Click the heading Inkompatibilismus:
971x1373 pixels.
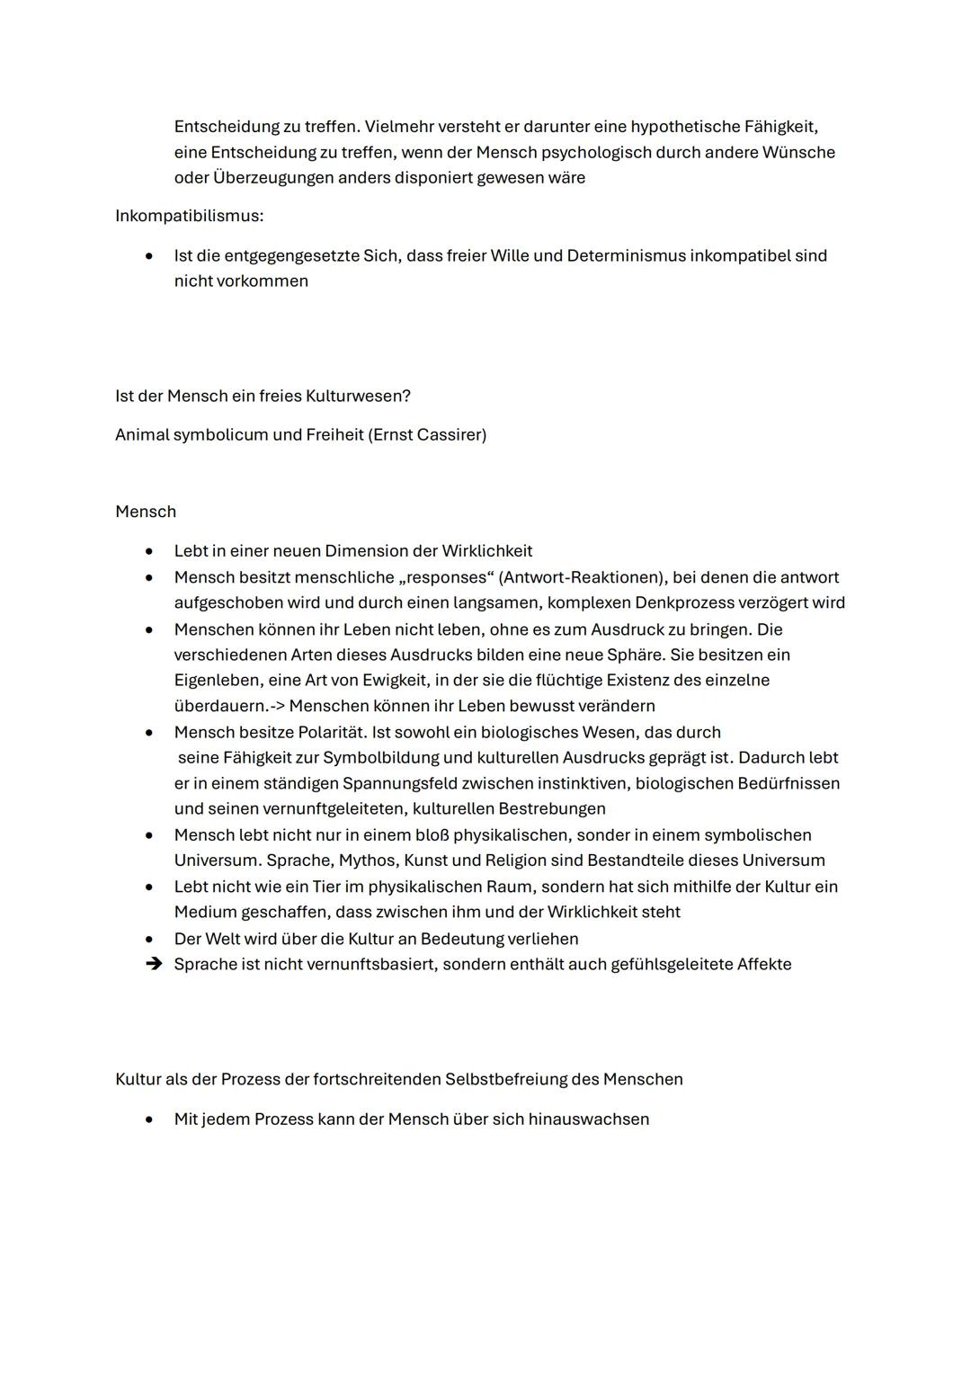tap(189, 217)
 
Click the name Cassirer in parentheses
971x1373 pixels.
tap(451, 435)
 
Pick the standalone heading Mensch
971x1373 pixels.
tap(146, 512)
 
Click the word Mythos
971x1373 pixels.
tap(367, 860)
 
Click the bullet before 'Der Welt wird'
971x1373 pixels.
tap(149, 939)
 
